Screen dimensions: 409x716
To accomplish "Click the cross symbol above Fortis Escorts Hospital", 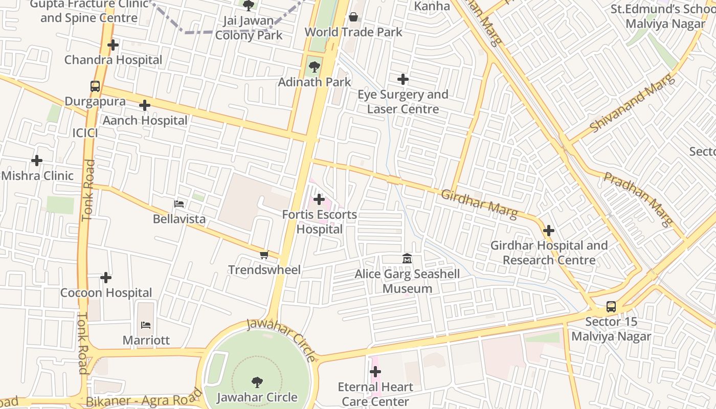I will (319, 199).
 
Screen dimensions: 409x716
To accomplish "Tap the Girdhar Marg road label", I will (479, 203).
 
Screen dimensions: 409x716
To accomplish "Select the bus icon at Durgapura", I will (95, 86).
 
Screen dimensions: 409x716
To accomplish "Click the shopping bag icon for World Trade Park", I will (353, 17).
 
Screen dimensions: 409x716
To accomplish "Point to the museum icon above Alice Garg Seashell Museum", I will (407, 259).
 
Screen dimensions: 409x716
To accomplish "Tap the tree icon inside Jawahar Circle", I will (257, 382).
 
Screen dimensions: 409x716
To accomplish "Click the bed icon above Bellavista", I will (179, 204).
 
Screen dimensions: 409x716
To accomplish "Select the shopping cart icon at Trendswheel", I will (264, 255).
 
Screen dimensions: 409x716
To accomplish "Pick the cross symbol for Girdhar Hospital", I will (549, 231).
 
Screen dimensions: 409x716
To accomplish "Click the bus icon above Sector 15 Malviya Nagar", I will (611, 307).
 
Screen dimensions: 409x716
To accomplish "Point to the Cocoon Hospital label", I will (106, 293).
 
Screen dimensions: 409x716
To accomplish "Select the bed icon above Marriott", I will (146, 325).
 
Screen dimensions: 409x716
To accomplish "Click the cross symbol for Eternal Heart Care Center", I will (375, 372).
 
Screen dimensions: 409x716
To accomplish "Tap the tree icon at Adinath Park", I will (314, 67).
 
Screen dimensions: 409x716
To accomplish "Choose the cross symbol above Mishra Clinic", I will (37, 161).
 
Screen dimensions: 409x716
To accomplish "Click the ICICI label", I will (85, 133).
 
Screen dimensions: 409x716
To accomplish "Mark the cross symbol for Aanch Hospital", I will (145, 106).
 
